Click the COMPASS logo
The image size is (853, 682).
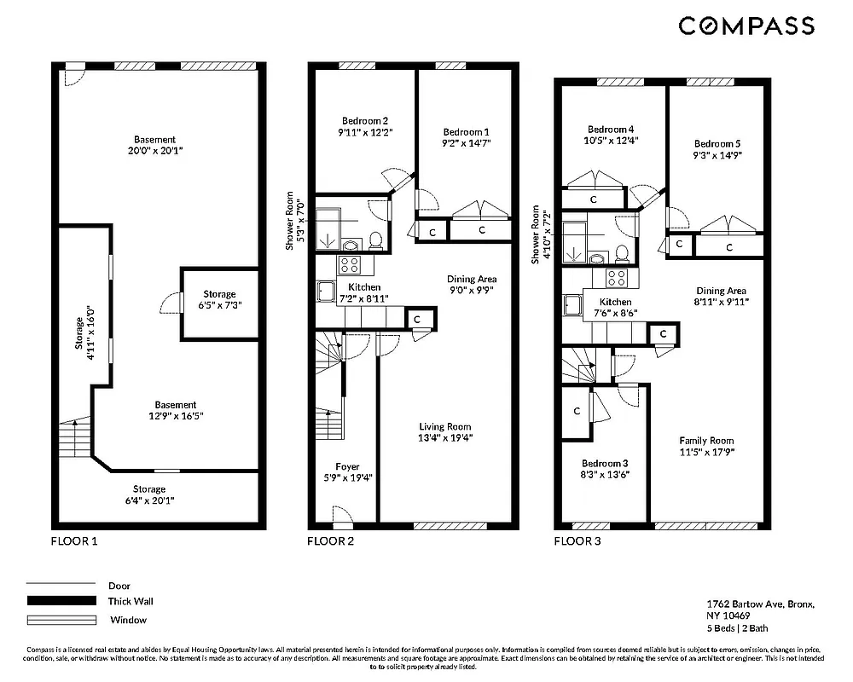pyautogui.click(x=746, y=26)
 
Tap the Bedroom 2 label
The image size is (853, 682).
pyautogui.click(x=365, y=120)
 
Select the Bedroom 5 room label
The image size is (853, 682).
pyautogui.click(x=717, y=144)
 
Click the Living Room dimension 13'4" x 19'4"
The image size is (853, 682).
pyautogui.click(x=444, y=437)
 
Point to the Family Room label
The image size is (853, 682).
pyautogui.click(x=706, y=441)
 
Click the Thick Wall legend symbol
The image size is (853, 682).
pyautogui.click(x=61, y=601)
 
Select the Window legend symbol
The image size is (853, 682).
pyautogui.click(x=61, y=620)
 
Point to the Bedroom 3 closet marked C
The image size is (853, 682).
pyautogui.click(x=577, y=411)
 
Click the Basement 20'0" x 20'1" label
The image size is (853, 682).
pyautogui.click(x=154, y=145)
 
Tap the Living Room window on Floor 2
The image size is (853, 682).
pyautogui.click(x=450, y=525)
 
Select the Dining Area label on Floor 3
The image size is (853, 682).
pyautogui.click(x=722, y=291)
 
